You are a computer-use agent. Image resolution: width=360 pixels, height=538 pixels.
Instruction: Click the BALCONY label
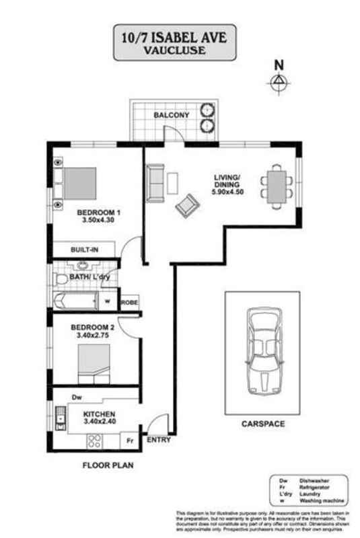click(171, 116)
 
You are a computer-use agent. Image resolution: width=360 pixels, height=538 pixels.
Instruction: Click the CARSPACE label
click(263, 424)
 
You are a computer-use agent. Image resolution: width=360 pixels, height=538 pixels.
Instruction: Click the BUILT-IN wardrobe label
click(85, 249)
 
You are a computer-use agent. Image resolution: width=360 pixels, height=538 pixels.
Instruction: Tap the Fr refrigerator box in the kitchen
click(129, 441)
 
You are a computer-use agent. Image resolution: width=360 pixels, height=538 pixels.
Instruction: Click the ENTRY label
click(159, 442)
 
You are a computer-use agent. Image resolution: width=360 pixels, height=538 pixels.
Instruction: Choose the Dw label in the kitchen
click(76, 397)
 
